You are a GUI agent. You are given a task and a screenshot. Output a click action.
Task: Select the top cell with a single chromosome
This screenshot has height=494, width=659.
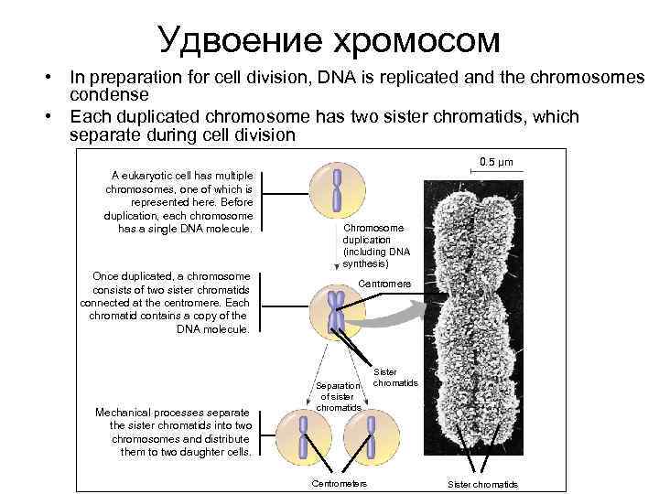(337, 189)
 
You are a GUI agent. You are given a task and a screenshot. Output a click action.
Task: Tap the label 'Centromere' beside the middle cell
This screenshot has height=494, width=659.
(384, 284)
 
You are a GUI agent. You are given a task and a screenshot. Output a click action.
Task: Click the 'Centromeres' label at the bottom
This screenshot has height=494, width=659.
(340, 483)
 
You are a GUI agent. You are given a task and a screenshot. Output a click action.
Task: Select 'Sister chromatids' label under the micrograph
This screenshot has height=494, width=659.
(482, 484)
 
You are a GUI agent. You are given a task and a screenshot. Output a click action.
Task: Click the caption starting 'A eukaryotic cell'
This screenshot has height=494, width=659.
(182, 201)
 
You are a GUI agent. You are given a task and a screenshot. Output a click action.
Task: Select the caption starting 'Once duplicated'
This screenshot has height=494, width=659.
(168, 302)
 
